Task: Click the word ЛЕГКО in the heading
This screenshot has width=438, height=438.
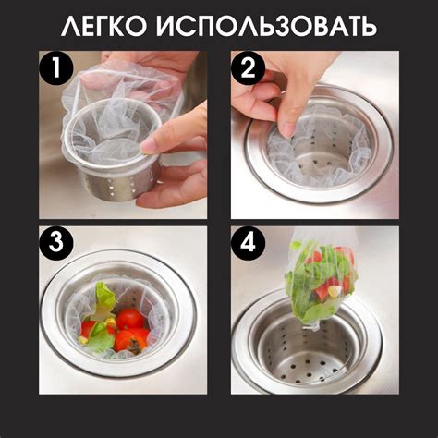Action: [x=103, y=26]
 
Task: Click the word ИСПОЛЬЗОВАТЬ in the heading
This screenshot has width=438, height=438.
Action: [x=266, y=26]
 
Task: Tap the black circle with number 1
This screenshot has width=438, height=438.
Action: [x=55, y=68]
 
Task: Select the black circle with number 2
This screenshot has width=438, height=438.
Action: [x=249, y=68]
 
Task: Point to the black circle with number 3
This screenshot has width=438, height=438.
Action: [x=55, y=243]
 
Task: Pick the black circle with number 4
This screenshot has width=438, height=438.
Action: [x=249, y=243]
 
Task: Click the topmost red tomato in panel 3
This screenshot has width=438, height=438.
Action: [x=130, y=319]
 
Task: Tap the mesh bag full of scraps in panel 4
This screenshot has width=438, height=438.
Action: [x=321, y=284]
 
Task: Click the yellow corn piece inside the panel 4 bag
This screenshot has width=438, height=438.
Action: [x=335, y=290]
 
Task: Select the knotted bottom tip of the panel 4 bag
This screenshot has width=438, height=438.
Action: [x=311, y=327]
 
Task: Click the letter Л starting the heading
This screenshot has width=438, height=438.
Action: [x=70, y=26]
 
